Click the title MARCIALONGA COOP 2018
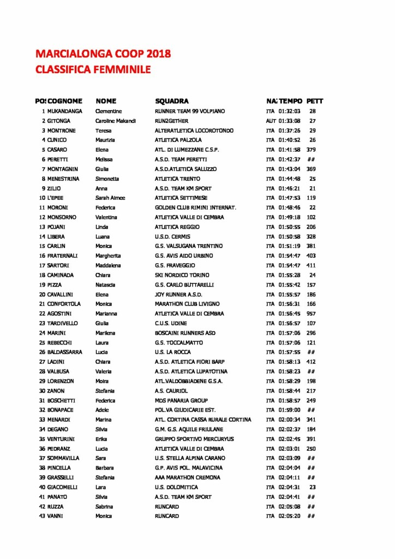(103, 53)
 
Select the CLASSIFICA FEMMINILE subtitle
(93, 69)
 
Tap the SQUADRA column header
(172, 101)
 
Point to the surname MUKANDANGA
(65, 111)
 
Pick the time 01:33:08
(289, 121)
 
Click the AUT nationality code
(271, 121)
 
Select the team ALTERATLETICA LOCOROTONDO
(194, 130)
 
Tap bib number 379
(311, 150)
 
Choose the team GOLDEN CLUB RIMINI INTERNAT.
(195, 207)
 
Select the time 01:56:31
(289, 304)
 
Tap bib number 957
(311, 313)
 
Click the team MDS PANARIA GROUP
(182, 400)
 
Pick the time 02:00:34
(289, 420)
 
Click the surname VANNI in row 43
(56, 516)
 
